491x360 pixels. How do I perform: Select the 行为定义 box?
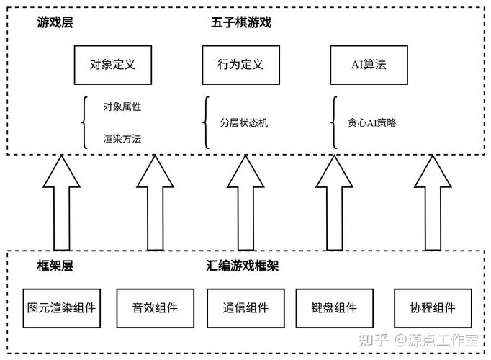pyautogui.click(x=240, y=64)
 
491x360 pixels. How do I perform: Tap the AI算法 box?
pyautogui.click(x=368, y=64)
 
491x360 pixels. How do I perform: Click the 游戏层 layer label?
pyautogui.click(x=55, y=23)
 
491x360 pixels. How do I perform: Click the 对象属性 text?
pyautogui.click(x=122, y=107)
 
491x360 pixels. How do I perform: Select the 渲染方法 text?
pyautogui.click(x=122, y=138)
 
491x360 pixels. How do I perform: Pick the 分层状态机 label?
pyautogui.click(x=244, y=122)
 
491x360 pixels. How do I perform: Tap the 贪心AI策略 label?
pyautogui.click(x=371, y=122)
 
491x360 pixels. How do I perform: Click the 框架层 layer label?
pyautogui.click(x=55, y=266)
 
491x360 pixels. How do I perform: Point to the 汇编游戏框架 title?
pyautogui.click(x=242, y=266)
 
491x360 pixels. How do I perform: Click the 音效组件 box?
pyautogui.click(x=154, y=308)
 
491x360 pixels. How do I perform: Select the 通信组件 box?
pyautogui.click(x=245, y=308)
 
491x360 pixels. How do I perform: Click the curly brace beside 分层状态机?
pyautogui.click(x=207, y=122)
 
